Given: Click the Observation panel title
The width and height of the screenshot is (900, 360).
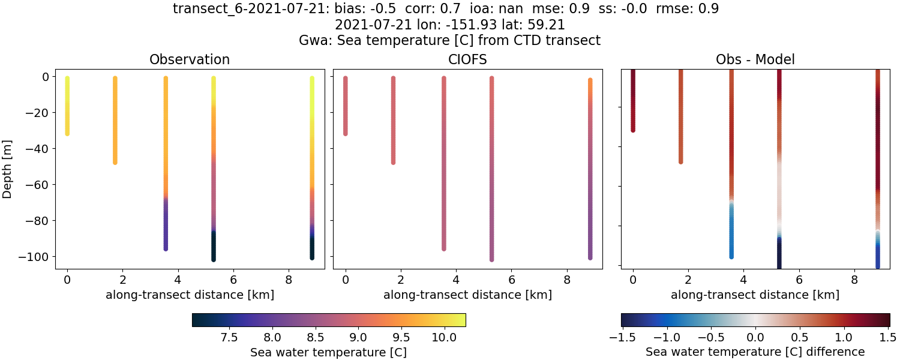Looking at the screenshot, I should coord(190,59).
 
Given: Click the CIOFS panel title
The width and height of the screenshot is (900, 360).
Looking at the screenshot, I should coord(467,59).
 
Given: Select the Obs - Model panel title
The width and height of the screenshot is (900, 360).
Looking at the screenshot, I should coord(755,59).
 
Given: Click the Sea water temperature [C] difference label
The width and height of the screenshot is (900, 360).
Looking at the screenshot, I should coord(755,352).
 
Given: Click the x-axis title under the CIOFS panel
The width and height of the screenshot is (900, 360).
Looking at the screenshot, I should coord(467,295).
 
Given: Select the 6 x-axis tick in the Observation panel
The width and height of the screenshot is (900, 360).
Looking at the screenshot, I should coord(233,280).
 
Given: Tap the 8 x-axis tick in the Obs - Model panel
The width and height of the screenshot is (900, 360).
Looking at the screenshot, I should coord(854,280).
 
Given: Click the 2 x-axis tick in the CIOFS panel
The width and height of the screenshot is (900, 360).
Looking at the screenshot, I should coord(401,280).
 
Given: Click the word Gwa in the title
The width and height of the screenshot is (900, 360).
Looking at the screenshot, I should coord(312,41).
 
